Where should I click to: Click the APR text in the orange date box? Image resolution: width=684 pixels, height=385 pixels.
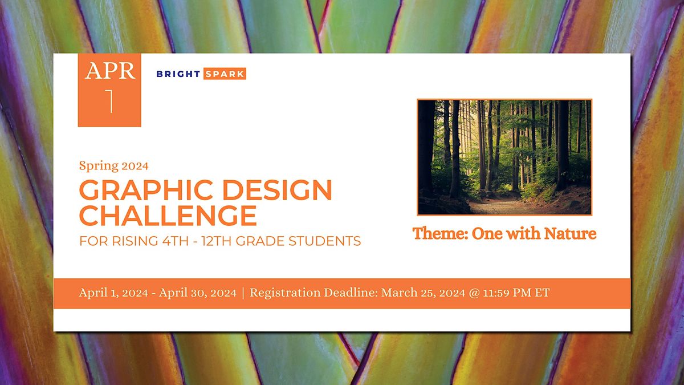[x=110, y=71]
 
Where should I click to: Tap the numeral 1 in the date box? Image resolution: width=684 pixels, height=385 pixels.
[x=110, y=101]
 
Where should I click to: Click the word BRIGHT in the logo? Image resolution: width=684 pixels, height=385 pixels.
[x=178, y=74]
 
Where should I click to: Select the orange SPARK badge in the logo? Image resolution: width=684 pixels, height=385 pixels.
[x=225, y=74]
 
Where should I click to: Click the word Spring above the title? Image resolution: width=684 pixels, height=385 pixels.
[x=99, y=166]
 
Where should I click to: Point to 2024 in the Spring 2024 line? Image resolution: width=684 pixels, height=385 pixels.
[x=135, y=166]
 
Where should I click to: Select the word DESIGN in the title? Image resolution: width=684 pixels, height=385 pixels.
[x=277, y=190]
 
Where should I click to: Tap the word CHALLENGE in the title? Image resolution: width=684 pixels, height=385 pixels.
[x=168, y=216]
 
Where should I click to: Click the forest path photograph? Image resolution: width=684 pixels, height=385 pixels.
[x=504, y=157]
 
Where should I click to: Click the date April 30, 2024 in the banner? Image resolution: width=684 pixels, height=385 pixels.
[x=198, y=293]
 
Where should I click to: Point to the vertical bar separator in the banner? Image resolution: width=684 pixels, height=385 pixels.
[x=243, y=293]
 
